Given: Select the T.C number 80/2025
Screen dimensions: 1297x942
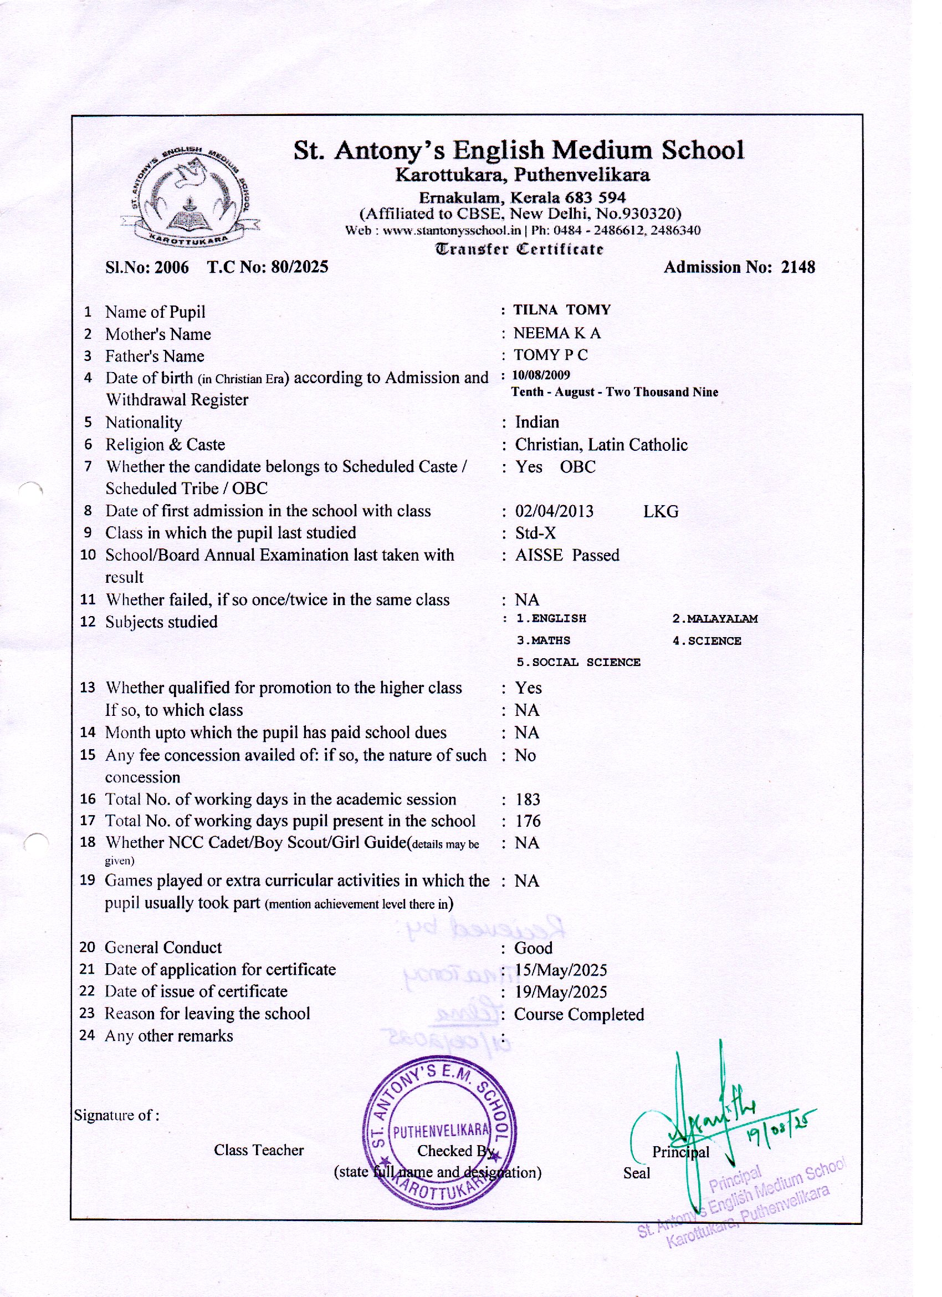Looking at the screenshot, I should pyautogui.click(x=300, y=267).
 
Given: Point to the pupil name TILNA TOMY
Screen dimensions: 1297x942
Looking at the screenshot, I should pyautogui.click(x=562, y=310).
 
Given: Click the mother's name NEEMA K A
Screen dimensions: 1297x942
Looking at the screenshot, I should pyautogui.click(x=557, y=333).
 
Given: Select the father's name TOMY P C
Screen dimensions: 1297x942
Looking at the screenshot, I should pyautogui.click(x=550, y=355).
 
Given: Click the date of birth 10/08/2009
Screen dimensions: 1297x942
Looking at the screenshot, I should pyautogui.click(x=541, y=375).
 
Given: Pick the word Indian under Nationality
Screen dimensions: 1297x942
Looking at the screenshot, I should pyautogui.click(x=537, y=422).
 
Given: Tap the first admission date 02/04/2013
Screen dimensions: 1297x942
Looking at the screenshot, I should pyautogui.click(x=554, y=511).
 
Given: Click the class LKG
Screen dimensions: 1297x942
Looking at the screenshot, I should pyautogui.click(x=661, y=511).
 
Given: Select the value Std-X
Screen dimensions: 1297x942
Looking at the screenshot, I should pyautogui.click(x=535, y=533).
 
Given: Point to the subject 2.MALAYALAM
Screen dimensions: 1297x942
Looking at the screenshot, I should pyautogui.click(x=714, y=619).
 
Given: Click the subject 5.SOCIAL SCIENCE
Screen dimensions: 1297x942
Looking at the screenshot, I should pyautogui.click(x=578, y=662).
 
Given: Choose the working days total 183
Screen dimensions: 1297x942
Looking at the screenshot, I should pyautogui.click(x=528, y=800).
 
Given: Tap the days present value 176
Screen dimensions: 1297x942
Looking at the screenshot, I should pyautogui.click(x=528, y=821).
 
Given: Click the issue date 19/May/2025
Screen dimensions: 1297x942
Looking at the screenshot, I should pyautogui.click(x=560, y=991).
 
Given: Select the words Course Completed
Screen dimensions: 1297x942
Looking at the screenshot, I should pyautogui.click(x=578, y=1014).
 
